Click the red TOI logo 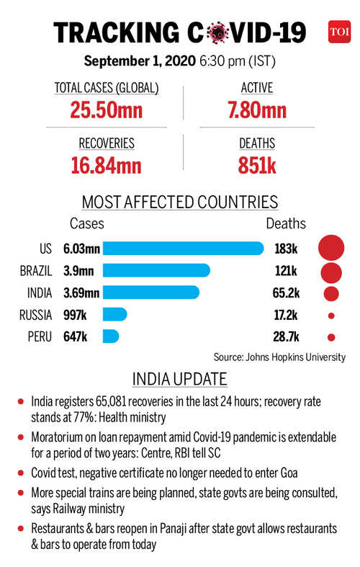(x=339, y=32)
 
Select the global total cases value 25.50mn (x=107, y=110)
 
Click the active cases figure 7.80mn (x=257, y=110)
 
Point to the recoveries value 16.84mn (x=107, y=166)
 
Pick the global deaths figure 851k (x=257, y=166)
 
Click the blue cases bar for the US (x=184, y=249)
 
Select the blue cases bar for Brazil (x=156, y=270)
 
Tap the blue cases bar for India (x=151, y=293)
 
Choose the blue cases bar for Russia (x=115, y=315)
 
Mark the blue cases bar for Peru (x=111, y=336)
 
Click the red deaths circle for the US (x=331, y=248)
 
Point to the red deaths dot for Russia (x=331, y=316)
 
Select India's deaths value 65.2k (x=287, y=293)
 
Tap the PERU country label (x=40, y=336)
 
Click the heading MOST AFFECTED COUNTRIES (x=180, y=202)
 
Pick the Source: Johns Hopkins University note (x=279, y=357)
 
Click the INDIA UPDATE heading (x=179, y=379)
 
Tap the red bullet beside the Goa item (x=21, y=473)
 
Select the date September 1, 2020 (x=140, y=61)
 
